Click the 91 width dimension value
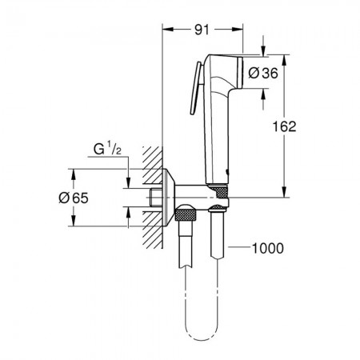pos(202,30)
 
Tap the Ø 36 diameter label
pos(263,73)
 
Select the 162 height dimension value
pos(284,126)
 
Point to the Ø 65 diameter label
pos(74,198)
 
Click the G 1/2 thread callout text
pos(107,149)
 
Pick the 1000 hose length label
pos(268,248)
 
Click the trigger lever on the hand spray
pos(196,89)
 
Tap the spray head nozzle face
pos(240,73)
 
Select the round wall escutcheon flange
pos(169,198)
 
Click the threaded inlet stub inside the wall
pos(156,198)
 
